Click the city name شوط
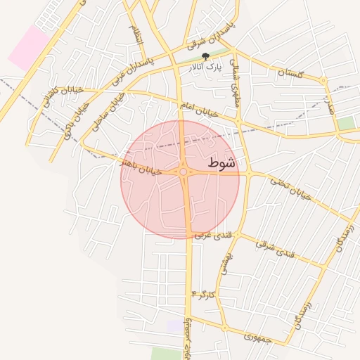coord(224,163)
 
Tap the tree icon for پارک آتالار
coord(206,57)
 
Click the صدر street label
coord(328,105)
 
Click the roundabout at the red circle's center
coord(184,172)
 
